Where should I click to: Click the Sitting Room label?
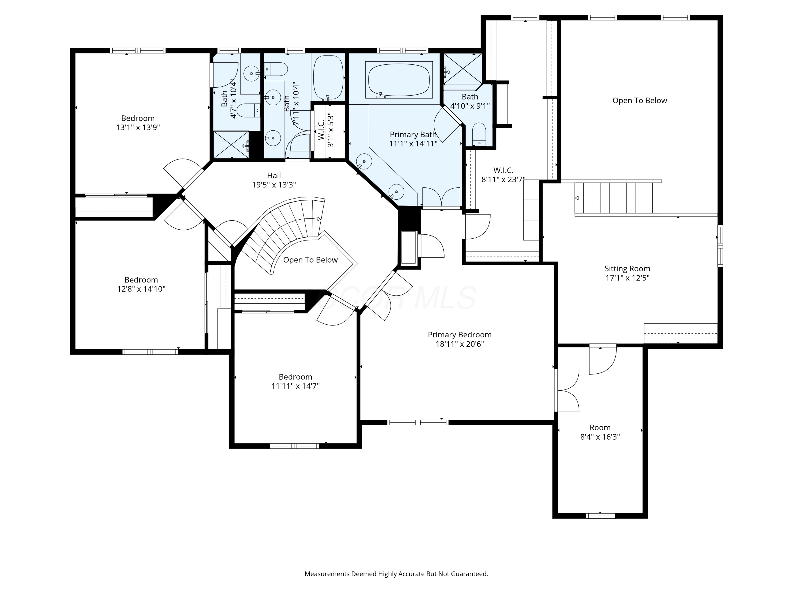click(x=627, y=268)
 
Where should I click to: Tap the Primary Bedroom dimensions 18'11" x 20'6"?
click(x=460, y=344)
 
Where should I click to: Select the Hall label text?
click(x=274, y=176)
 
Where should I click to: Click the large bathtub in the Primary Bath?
click(x=399, y=80)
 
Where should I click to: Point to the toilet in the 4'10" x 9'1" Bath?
click(x=479, y=134)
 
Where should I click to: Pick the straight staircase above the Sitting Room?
click(x=618, y=198)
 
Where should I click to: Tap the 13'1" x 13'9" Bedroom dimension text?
click(x=138, y=128)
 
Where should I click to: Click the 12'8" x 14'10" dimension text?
click(x=141, y=289)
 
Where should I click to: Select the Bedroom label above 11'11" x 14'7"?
click(x=296, y=377)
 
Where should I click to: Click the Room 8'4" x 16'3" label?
click(x=600, y=432)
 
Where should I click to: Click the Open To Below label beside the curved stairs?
click(x=311, y=260)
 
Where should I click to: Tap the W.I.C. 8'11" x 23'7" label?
click(x=503, y=175)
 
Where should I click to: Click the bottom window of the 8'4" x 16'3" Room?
click(x=601, y=516)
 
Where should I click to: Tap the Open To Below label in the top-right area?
click(x=640, y=101)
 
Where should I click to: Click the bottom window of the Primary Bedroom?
click(x=418, y=422)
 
